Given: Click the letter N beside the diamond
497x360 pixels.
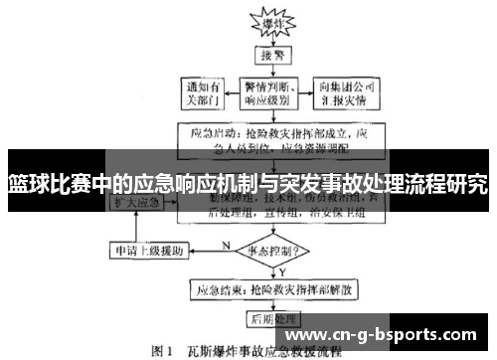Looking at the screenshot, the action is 227,242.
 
